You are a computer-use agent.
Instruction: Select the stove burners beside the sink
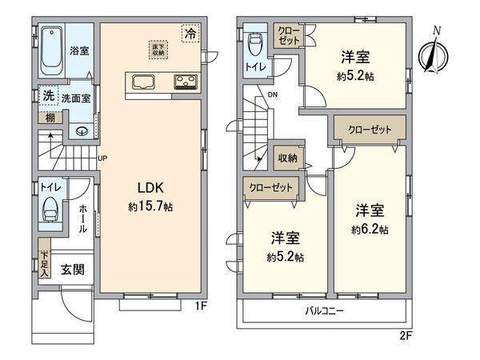tap(184, 81)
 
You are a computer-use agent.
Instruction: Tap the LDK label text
tap(150, 190)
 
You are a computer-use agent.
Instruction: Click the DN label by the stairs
tap(272, 96)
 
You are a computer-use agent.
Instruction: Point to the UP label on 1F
tap(102, 158)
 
